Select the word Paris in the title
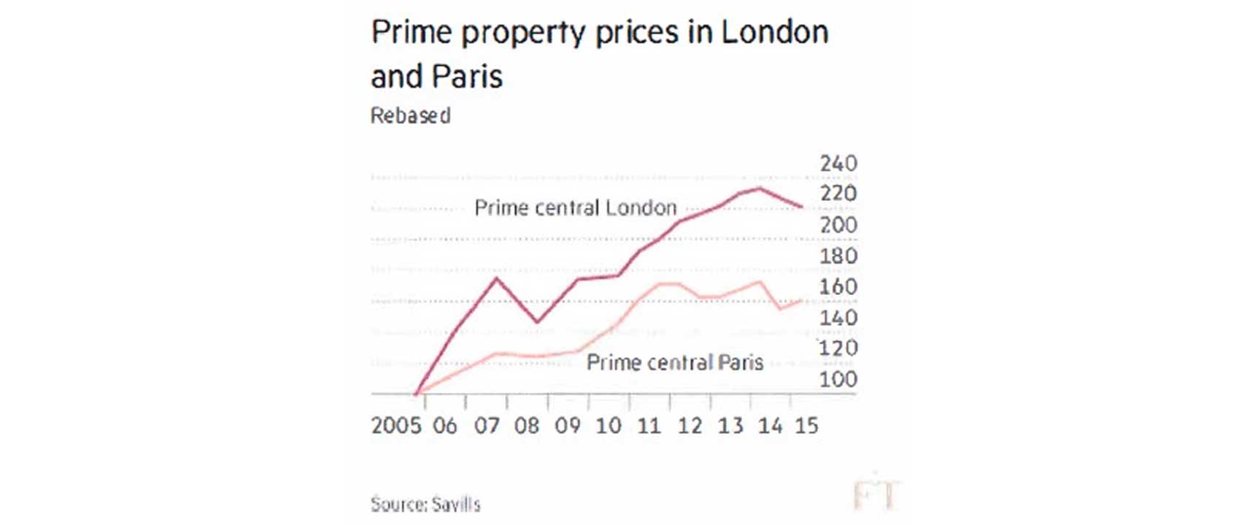(467, 77)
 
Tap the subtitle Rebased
(410, 115)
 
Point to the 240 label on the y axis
(838, 164)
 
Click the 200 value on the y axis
(838, 225)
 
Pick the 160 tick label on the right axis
(838, 287)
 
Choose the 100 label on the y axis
(838, 380)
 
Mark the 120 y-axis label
(838, 348)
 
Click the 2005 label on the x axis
(396, 426)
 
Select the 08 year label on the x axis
(527, 426)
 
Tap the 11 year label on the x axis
(649, 426)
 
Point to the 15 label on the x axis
(806, 426)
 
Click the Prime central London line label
(576, 208)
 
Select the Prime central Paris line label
(675, 363)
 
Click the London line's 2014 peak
(760, 188)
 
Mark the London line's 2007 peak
(497, 278)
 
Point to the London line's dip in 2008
(538, 322)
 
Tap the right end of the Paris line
(802, 300)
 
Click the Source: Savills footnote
(425, 505)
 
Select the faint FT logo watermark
(876, 494)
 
